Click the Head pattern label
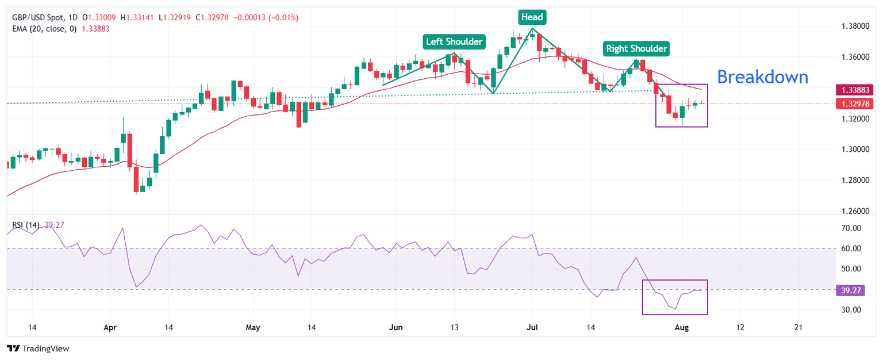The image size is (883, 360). (532, 17)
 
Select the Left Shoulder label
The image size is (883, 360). (454, 41)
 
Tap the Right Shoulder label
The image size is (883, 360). (637, 48)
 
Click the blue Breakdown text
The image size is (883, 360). (763, 76)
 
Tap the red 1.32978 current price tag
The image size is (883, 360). (854, 104)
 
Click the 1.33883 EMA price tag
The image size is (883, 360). (854, 90)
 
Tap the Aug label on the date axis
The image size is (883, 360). (680, 327)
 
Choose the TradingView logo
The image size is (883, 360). (37, 348)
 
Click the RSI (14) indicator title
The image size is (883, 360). (26, 225)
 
